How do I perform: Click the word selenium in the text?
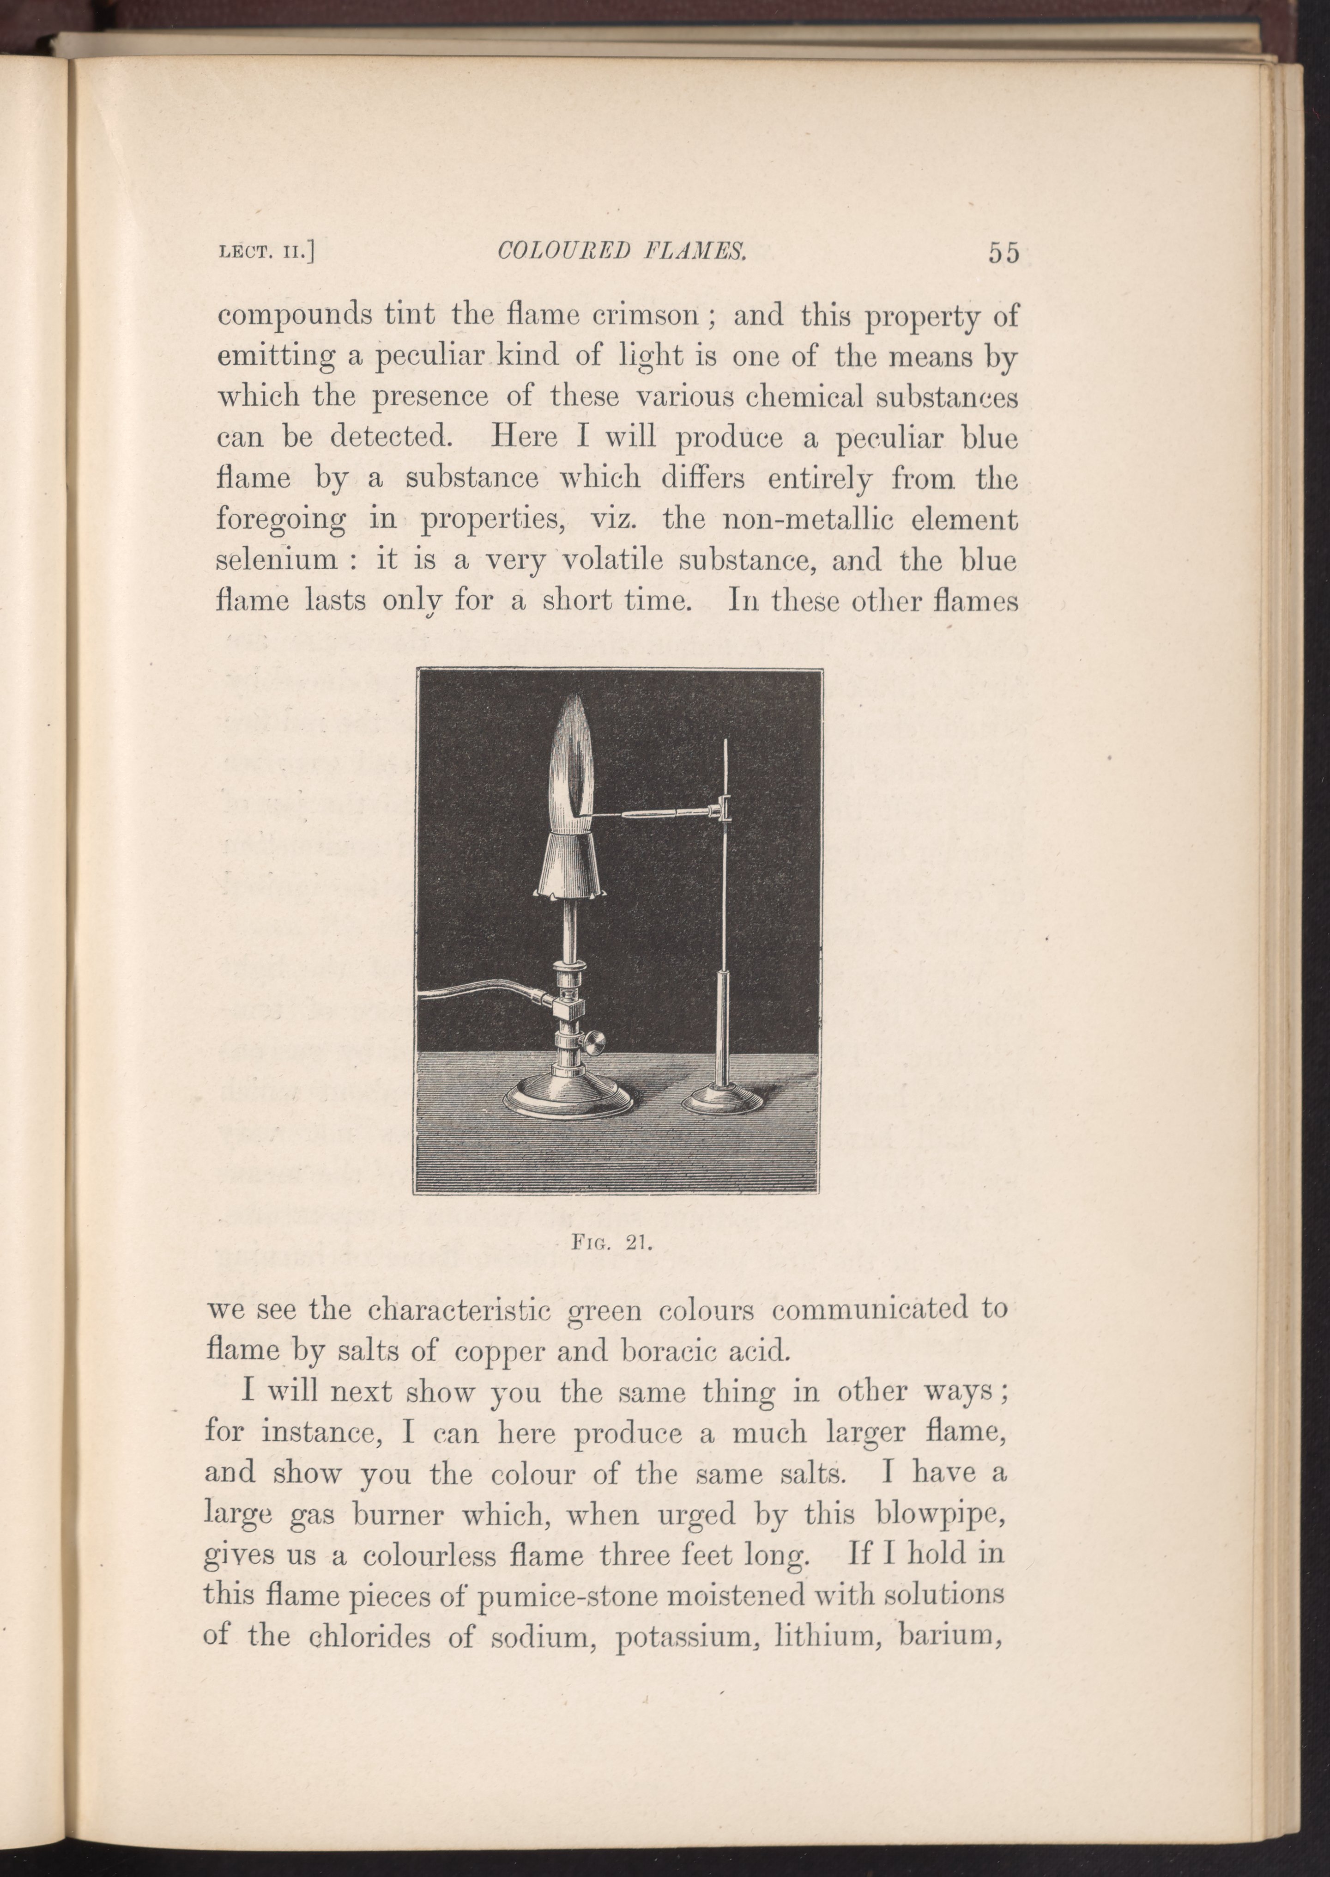point(277,561)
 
